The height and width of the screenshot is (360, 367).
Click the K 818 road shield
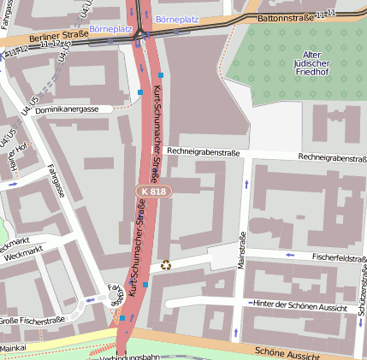(x=155, y=192)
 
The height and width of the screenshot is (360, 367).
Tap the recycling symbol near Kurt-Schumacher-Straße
(x=165, y=265)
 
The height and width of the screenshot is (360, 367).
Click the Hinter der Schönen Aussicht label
(x=300, y=305)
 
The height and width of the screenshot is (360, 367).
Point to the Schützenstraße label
(x=363, y=299)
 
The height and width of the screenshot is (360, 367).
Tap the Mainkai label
(x=13, y=349)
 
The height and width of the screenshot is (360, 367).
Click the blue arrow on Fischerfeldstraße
(x=290, y=255)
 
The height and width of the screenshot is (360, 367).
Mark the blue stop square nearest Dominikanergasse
(x=140, y=91)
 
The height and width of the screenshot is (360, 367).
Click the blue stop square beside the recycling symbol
(x=145, y=284)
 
